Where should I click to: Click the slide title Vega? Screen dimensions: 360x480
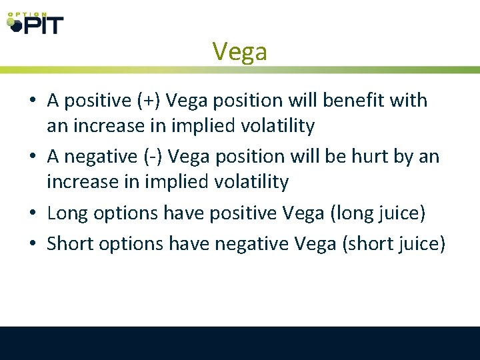click(239, 51)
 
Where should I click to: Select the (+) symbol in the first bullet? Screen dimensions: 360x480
click(149, 101)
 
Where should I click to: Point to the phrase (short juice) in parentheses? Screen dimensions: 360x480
click(393, 244)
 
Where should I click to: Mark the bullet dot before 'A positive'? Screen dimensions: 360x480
click(33, 101)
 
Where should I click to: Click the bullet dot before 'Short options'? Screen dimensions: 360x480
click(33, 245)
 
